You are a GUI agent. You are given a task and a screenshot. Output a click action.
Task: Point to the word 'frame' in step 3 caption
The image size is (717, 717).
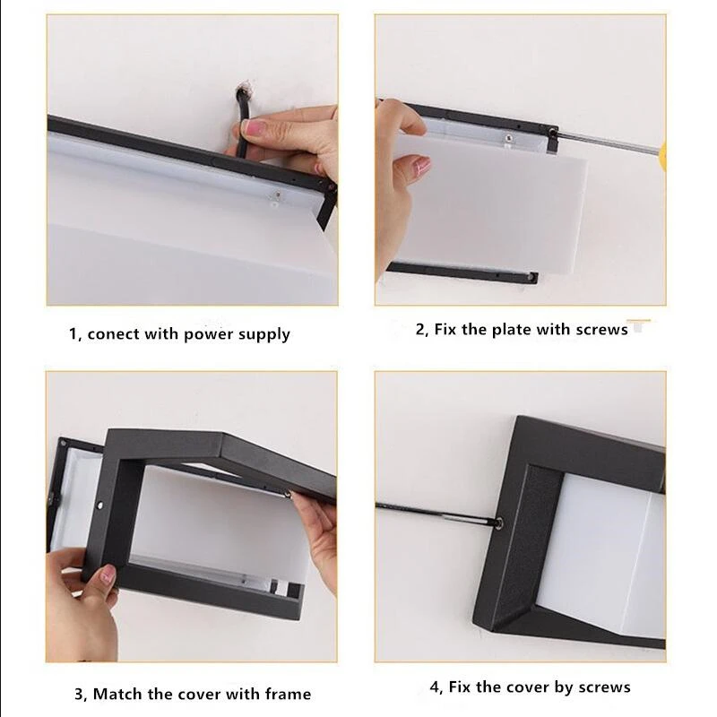[284, 694]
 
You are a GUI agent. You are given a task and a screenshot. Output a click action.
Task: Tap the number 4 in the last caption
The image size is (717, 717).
[435, 687]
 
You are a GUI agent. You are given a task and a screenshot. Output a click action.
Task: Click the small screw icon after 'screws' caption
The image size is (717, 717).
[638, 328]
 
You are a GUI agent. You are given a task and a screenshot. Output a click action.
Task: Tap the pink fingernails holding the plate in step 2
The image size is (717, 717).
[418, 165]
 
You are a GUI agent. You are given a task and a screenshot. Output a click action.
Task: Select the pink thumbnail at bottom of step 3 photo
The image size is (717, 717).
[109, 574]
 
